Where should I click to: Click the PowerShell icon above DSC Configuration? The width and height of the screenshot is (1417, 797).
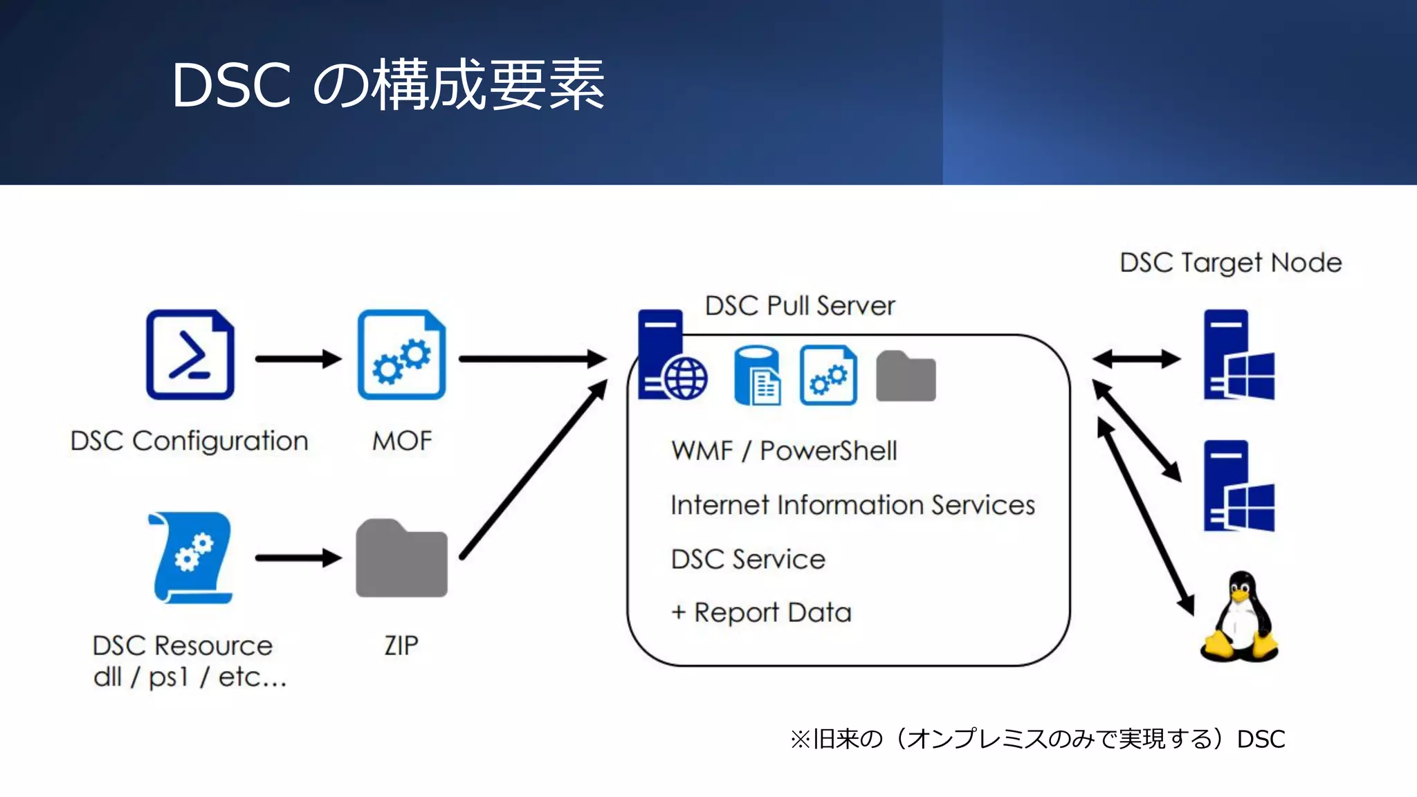coord(190,354)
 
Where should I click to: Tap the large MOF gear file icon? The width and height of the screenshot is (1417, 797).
coord(401,354)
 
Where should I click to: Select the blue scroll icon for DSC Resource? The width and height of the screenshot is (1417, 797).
coord(190,558)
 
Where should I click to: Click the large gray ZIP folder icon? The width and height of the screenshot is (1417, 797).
coord(401,559)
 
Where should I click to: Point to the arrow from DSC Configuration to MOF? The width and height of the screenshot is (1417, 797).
coord(298,359)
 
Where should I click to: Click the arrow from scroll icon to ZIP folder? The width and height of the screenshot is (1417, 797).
coord(298,558)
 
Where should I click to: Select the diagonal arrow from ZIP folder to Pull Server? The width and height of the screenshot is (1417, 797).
coord(533,470)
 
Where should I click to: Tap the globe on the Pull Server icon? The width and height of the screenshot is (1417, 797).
coord(685,379)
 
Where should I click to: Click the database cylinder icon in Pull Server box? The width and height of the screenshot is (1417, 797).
coord(757,375)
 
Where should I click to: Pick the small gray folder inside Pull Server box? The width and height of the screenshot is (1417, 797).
coord(905,377)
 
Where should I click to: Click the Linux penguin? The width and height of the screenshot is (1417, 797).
coord(1239,617)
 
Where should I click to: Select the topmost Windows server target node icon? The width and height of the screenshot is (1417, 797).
coord(1238,355)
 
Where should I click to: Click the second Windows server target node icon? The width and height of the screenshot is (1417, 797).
coord(1238,486)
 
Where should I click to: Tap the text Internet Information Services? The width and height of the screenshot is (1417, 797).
coord(852,505)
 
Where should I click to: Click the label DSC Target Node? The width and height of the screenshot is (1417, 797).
coord(1230,263)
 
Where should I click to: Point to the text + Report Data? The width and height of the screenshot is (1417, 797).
coord(761,613)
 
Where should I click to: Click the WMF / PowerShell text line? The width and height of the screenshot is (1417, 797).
coord(784,451)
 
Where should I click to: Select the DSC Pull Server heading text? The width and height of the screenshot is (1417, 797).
coord(800,306)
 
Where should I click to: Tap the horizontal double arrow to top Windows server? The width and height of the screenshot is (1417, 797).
coord(1136,358)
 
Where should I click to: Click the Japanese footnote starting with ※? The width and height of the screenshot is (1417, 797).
coord(1036,739)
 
